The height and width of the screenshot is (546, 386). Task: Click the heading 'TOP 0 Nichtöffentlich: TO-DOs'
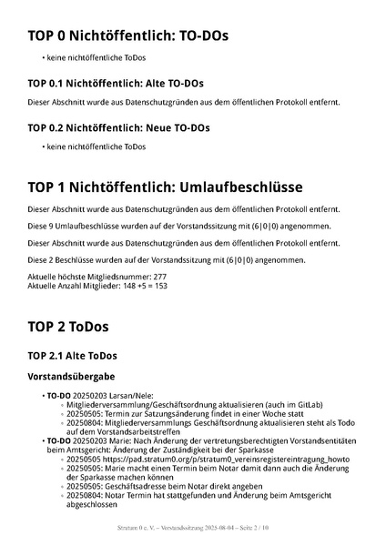tap(127, 36)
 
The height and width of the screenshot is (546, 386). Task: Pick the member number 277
tap(159, 276)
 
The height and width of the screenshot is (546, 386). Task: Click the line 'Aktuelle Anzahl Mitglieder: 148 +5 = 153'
tap(97, 285)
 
